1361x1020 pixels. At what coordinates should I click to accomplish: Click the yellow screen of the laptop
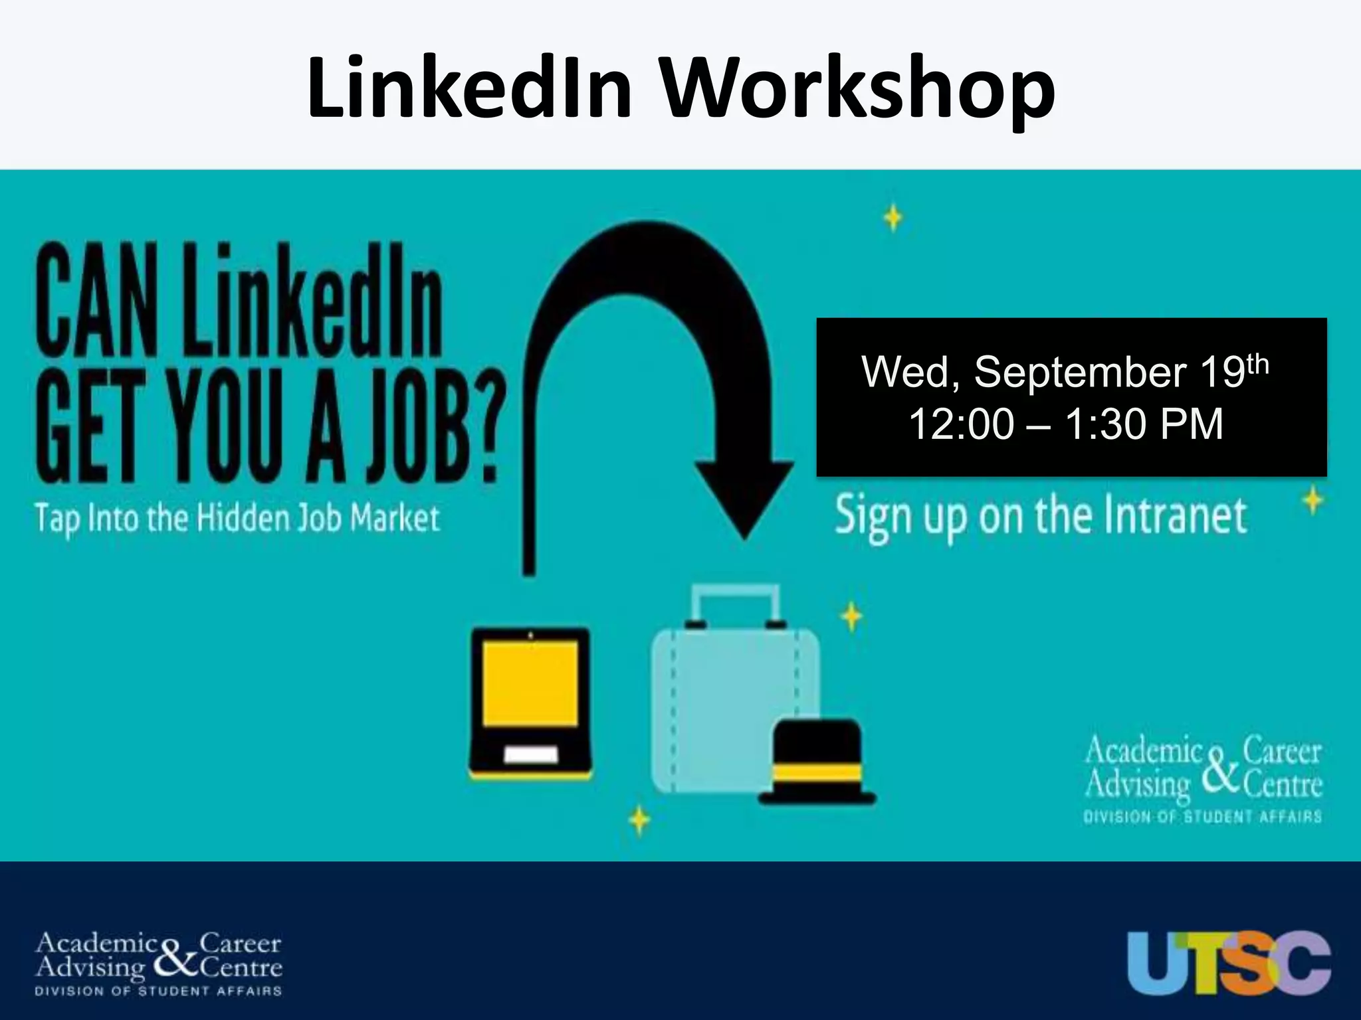pyautogui.click(x=530, y=684)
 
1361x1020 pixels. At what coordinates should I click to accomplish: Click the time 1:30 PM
pyautogui.click(x=1143, y=424)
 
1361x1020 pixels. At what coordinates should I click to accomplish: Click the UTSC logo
pyautogui.click(x=1229, y=963)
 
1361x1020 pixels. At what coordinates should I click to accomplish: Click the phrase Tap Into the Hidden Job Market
pyautogui.click(x=237, y=518)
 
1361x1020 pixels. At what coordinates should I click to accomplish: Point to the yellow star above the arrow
pyautogui.click(x=893, y=218)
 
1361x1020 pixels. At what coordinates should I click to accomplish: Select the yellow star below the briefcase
pyautogui.click(x=639, y=821)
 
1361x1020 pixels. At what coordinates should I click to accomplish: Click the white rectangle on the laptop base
pyautogui.click(x=530, y=755)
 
